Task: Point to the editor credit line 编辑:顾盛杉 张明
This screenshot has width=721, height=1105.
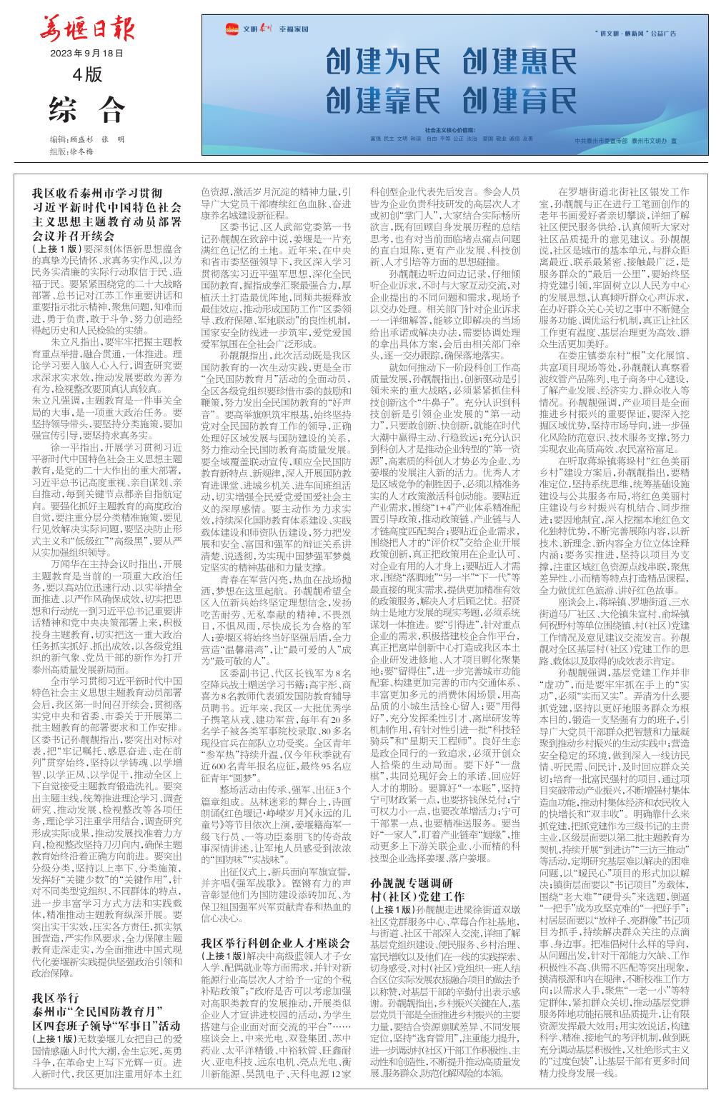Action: [x=87, y=139]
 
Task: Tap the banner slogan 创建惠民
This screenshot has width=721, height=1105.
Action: [x=520, y=63]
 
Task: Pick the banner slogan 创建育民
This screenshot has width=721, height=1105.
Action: [x=520, y=99]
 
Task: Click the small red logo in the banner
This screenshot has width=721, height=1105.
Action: [x=231, y=29]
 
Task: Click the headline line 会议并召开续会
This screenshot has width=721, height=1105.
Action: [x=74, y=235]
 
